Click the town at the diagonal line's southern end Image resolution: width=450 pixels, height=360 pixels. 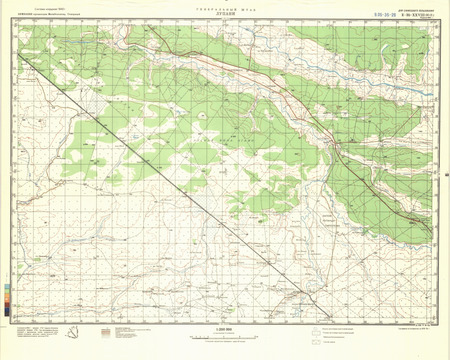click(x=298, y=296)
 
